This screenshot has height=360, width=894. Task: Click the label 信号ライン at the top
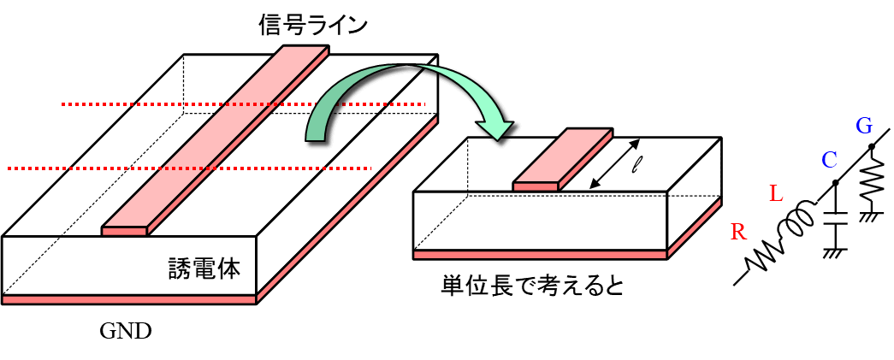coord(313,25)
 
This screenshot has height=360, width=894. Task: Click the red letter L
coord(775,194)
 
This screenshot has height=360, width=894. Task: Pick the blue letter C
coord(828,160)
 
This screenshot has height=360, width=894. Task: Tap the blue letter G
coord(864,127)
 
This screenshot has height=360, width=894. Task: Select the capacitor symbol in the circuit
coord(833,221)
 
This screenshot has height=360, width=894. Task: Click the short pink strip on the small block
coord(563,160)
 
